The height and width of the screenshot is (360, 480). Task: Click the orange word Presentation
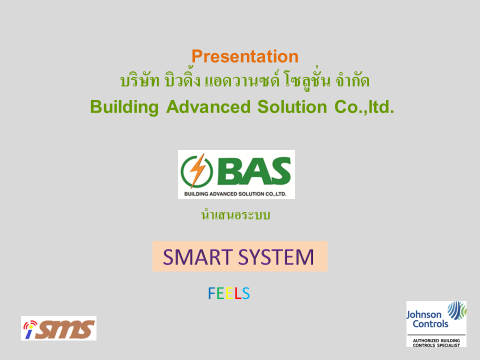(x=245, y=56)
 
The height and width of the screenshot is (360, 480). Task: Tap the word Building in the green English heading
(x=124, y=107)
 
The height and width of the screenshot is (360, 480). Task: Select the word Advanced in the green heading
(x=208, y=107)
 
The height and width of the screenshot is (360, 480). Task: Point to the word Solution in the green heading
(x=292, y=107)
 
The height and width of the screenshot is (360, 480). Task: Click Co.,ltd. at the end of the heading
(x=364, y=107)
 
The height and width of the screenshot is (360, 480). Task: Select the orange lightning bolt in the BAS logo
(x=197, y=170)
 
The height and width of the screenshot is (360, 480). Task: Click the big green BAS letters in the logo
(x=254, y=171)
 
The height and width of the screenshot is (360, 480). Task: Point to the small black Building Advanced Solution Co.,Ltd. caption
(x=235, y=194)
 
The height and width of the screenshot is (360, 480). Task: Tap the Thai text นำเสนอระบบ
(x=235, y=214)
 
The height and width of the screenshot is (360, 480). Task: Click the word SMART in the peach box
(x=198, y=257)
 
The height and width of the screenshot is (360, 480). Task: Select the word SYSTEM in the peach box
(x=276, y=257)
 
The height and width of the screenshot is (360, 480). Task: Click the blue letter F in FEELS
(x=212, y=293)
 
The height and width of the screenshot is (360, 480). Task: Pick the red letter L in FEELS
(x=238, y=293)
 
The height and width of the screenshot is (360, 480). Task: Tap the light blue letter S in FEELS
(x=246, y=293)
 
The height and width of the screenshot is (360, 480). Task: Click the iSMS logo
(x=59, y=328)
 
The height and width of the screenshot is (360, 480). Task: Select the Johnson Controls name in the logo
(x=427, y=319)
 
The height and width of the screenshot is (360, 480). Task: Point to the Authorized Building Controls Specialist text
(x=436, y=343)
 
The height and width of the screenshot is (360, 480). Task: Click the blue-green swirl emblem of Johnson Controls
(x=457, y=310)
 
